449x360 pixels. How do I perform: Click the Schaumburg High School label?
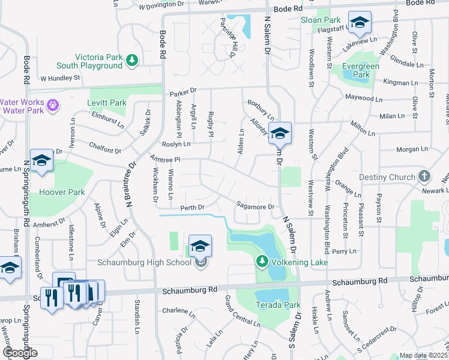(144, 263)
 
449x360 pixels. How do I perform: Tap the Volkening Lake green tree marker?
(262, 262)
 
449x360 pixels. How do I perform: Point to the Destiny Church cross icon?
(424, 177)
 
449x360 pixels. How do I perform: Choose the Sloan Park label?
(316, 20)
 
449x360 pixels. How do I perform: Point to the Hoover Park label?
(62, 193)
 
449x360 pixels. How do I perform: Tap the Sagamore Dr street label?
(255, 206)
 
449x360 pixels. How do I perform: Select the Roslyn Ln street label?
(176, 144)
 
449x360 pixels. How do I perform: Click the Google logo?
(20, 352)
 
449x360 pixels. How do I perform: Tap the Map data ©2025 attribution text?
(423, 355)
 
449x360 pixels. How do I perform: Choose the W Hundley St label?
(60, 78)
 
